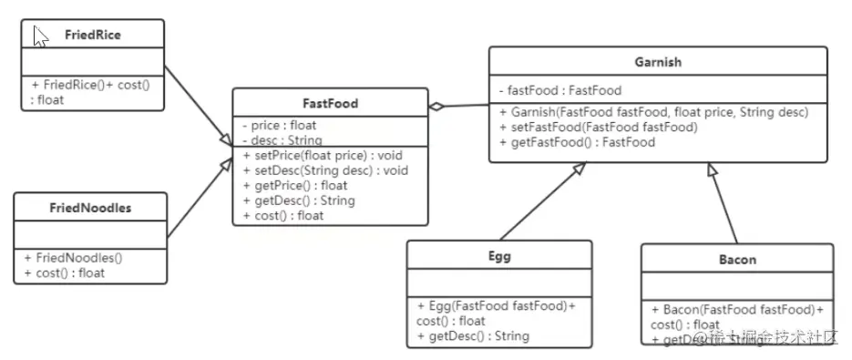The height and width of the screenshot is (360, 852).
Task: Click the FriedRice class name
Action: point(93,36)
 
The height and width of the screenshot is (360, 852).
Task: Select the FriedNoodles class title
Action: point(90,208)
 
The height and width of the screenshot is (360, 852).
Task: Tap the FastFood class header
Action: point(330,104)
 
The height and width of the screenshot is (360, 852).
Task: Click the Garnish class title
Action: point(658,63)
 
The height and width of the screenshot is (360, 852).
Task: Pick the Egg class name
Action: point(499,256)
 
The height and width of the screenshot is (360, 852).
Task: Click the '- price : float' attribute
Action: point(280,126)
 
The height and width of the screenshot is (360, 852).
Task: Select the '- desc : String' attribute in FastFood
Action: point(281,140)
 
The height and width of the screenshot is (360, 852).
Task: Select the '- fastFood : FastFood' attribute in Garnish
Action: point(559,90)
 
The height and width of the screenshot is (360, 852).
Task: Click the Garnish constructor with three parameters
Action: point(653,112)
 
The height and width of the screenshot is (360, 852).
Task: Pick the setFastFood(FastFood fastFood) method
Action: point(598,128)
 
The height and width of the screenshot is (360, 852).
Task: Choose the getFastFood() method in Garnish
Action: point(577,142)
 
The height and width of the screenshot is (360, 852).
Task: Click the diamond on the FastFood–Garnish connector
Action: point(437,108)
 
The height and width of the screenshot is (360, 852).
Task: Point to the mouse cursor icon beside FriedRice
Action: point(40,36)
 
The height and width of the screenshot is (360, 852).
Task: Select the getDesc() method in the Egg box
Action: point(473,336)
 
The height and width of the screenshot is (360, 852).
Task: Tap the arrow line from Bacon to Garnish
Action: point(724,205)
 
